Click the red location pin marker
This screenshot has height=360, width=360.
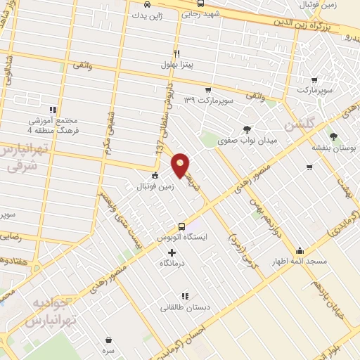pyautogui.click(x=181, y=166)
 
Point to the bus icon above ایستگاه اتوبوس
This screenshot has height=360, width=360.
pyautogui.click(x=182, y=226)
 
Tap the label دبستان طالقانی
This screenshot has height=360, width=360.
pyautogui.click(x=182, y=307)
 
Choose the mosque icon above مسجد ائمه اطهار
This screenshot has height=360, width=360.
pyautogui.click(x=300, y=250)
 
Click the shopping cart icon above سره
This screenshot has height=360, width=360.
pyautogui.click(x=108, y=340)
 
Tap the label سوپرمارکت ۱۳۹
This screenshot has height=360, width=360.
pyautogui.click(x=207, y=101)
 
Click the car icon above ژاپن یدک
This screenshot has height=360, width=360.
pyautogui.click(x=146, y=3)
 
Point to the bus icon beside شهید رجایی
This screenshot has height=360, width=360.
pyautogui.click(x=201, y=4)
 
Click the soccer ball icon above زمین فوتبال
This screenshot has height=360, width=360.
pyautogui.click(x=155, y=176)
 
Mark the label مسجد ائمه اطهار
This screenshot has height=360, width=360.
pyautogui.click(x=301, y=262)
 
